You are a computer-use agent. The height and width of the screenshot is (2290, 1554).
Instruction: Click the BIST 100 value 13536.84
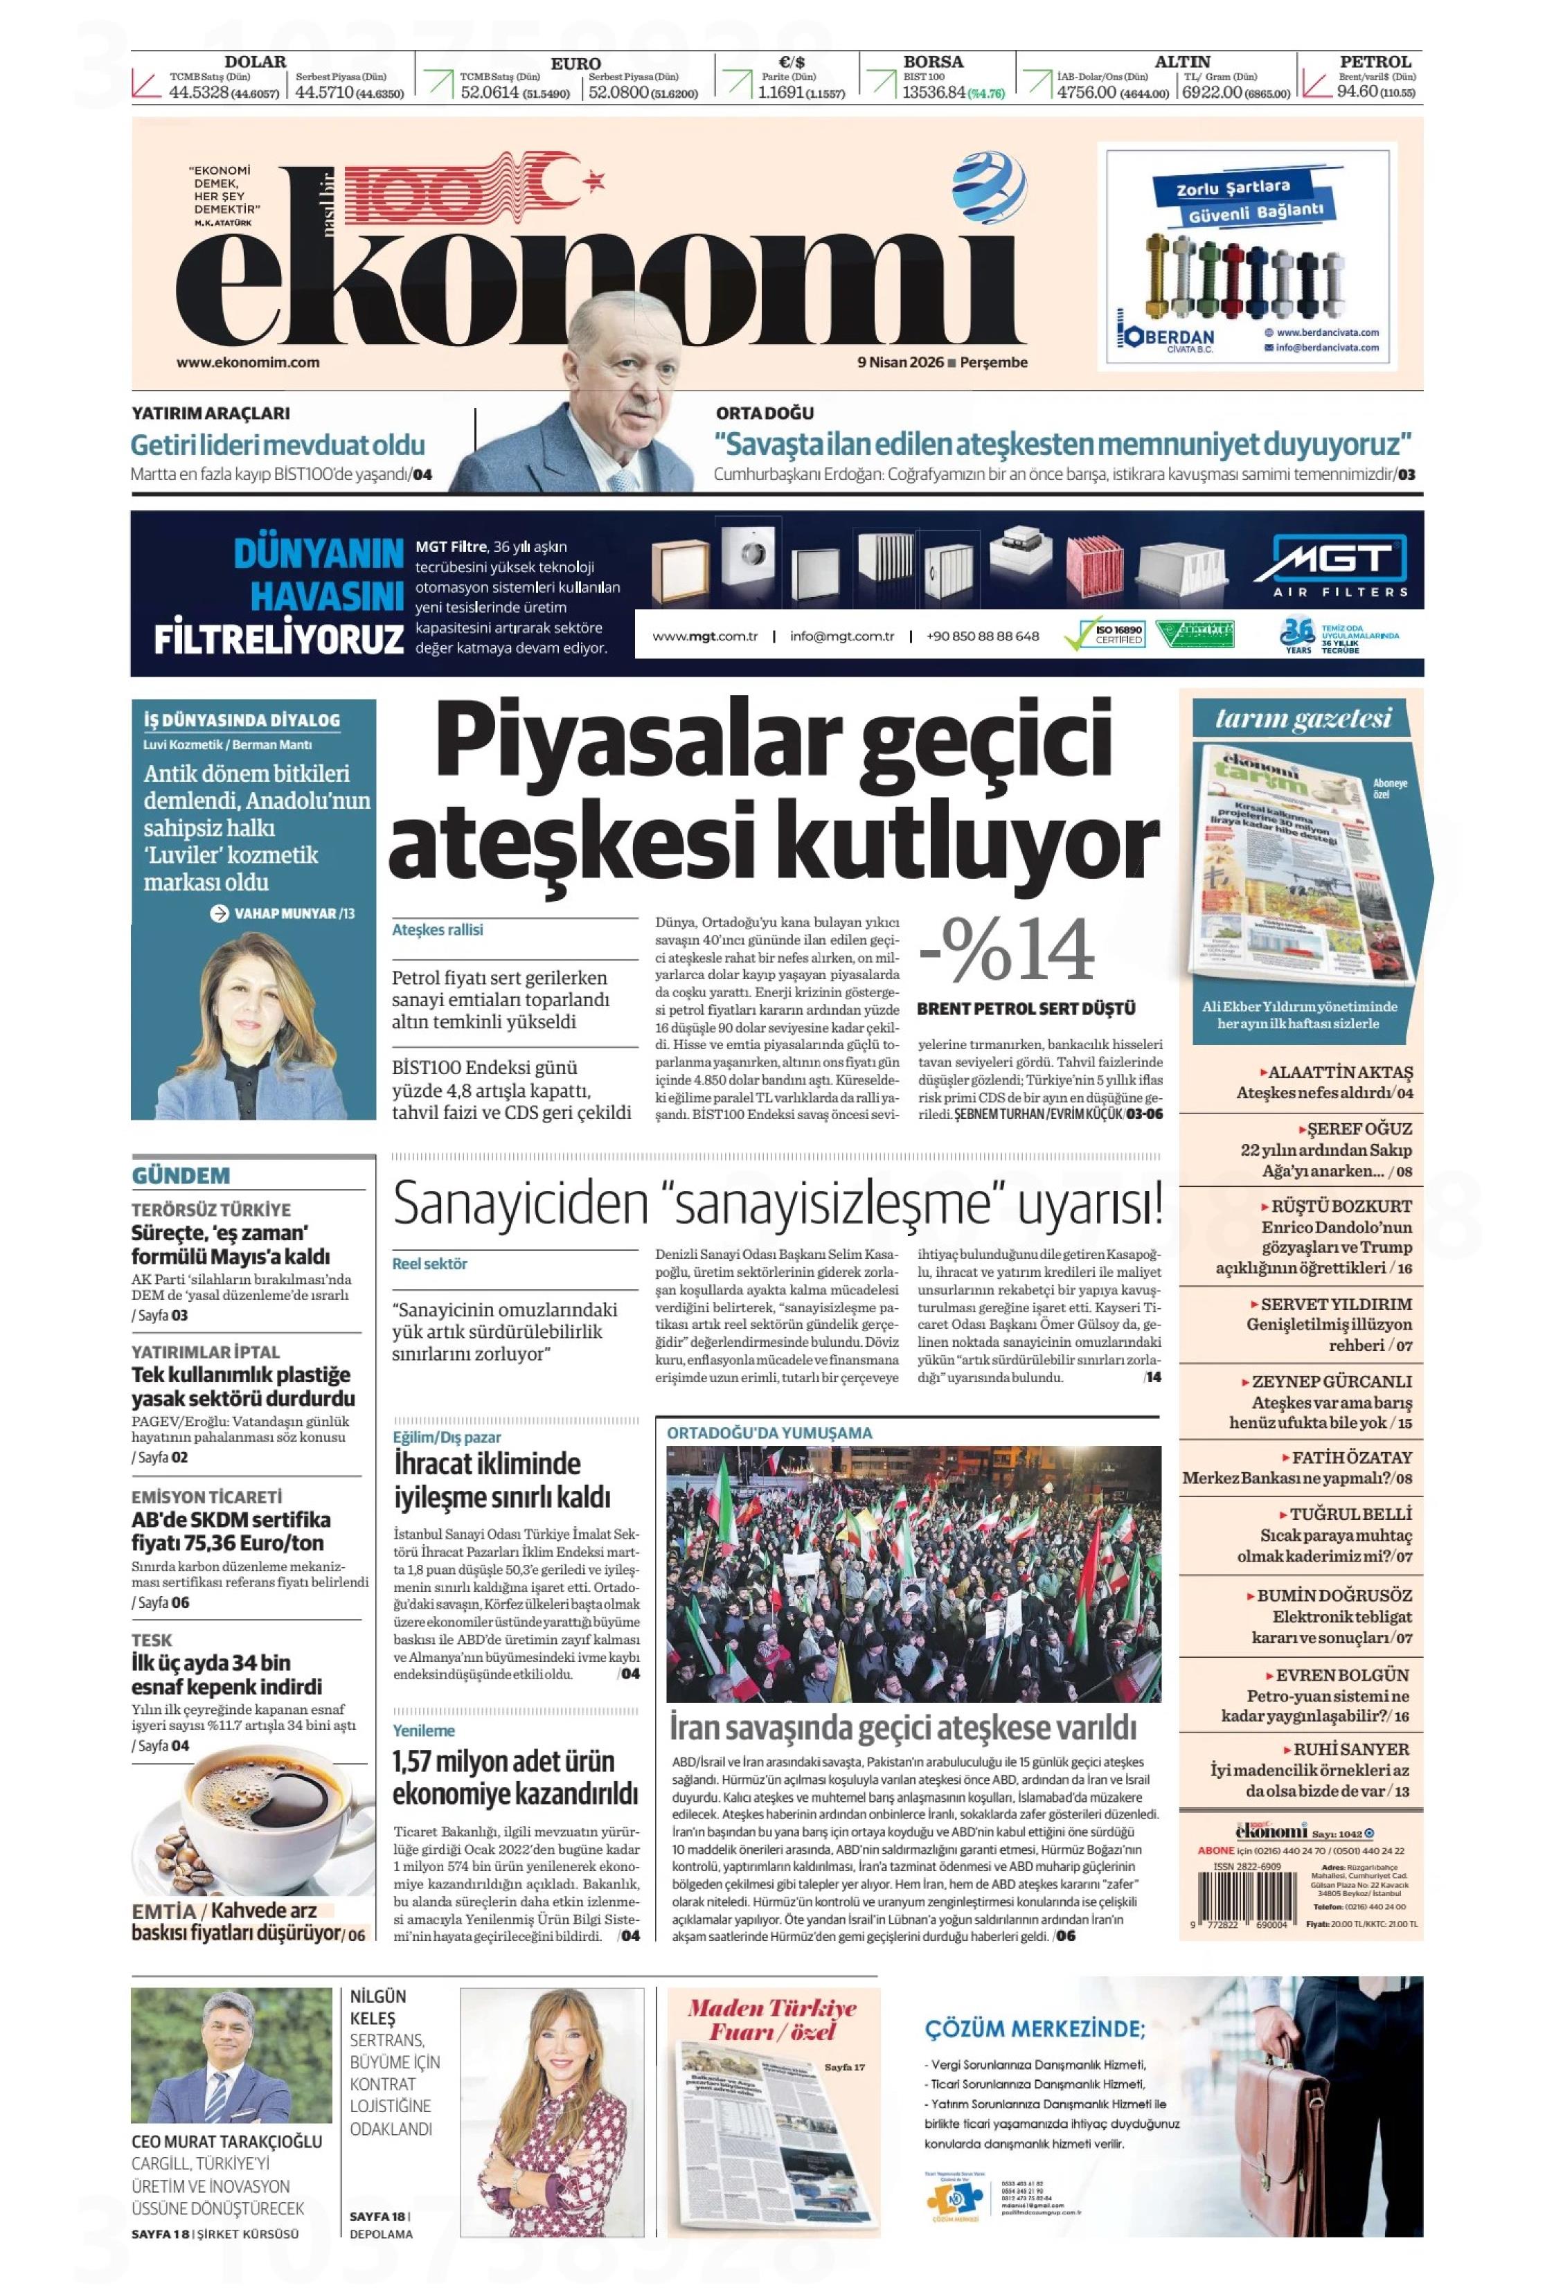point(932,93)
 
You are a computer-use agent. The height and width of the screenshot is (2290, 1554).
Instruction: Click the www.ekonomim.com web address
point(247,361)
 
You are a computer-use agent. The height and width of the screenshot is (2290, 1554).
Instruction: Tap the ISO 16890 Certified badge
point(1106,634)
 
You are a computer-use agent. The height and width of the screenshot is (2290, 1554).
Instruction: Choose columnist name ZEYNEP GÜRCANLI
point(1331,1381)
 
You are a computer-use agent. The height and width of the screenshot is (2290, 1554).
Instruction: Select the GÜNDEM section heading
point(180,1176)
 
